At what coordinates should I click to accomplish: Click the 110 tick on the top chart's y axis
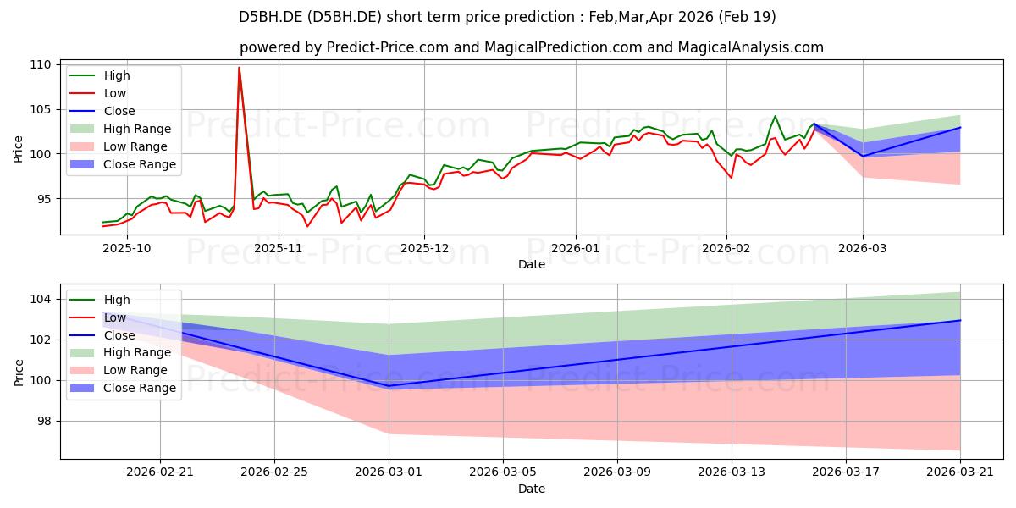(x=41, y=64)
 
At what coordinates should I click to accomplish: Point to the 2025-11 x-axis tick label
(x=279, y=248)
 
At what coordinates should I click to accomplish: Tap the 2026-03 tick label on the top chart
(x=863, y=248)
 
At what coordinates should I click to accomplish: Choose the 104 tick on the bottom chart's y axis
(x=41, y=299)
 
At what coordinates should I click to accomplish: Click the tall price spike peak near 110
(x=239, y=68)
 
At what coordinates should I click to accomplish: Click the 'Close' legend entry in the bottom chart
(x=118, y=335)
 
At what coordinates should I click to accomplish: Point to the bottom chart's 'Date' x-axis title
(x=531, y=489)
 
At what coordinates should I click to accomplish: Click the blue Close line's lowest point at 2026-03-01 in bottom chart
(x=389, y=386)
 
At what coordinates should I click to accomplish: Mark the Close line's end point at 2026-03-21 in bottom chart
(x=959, y=320)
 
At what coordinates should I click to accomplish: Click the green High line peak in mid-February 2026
(x=775, y=117)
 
